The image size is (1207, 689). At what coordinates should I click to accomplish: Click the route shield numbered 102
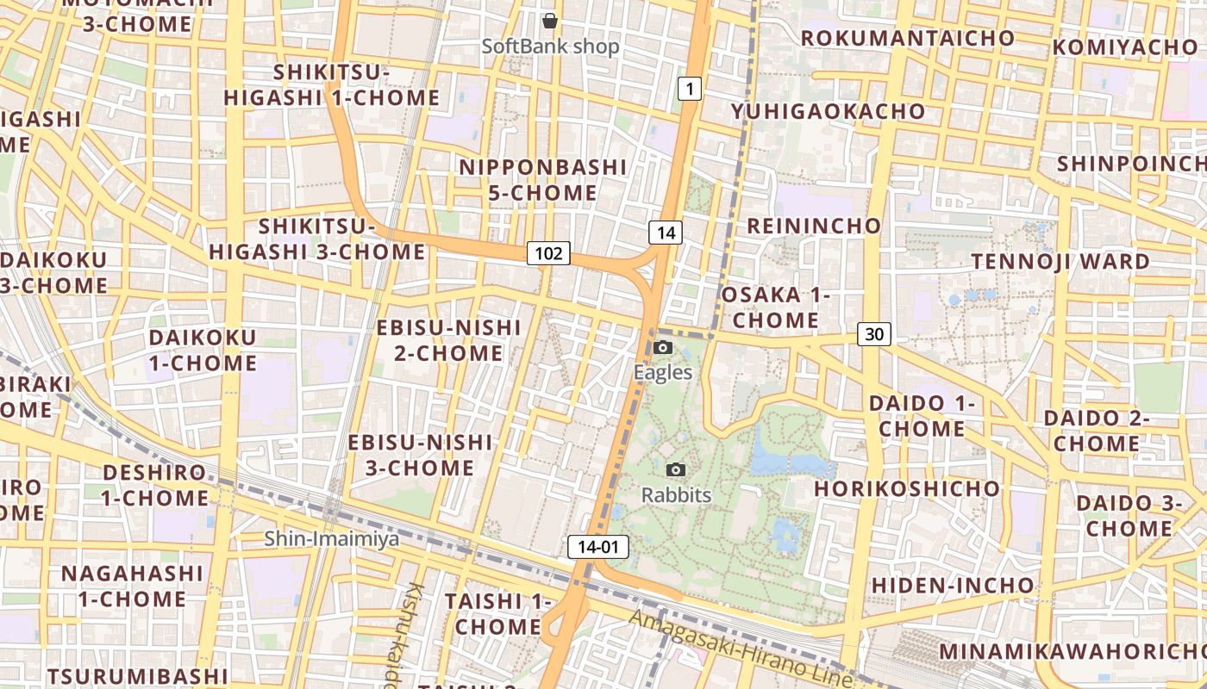[x=548, y=253]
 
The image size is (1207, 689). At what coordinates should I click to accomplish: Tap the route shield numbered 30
[x=874, y=334]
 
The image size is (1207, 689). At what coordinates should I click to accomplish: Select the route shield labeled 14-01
[x=598, y=546]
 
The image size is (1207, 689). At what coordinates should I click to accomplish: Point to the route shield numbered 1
[x=690, y=88]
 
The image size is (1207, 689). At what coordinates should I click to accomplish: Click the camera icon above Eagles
[x=662, y=347]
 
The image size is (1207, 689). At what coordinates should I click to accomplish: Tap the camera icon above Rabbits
[x=676, y=469]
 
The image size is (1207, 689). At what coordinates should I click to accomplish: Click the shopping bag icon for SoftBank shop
[x=550, y=21]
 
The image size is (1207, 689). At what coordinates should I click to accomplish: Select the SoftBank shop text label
[x=550, y=47]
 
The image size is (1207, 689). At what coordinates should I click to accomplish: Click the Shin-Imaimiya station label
[x=332, y=539]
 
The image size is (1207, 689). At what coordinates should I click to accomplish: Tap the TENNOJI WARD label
[x=1073, y=261]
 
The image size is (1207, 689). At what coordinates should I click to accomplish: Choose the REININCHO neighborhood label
[x=814, y=226]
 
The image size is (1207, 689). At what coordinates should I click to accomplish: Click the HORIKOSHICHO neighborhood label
[x=907, y=488]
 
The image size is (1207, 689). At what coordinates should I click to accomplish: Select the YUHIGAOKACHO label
[x=828, y=111]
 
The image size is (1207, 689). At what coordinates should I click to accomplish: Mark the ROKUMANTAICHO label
[x=908, y=38]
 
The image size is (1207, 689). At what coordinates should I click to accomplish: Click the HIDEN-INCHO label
[x=952, y=586]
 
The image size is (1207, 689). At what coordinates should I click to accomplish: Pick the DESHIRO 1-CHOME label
[x=155, y=485]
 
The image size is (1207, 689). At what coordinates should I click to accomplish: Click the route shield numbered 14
[x=666, y=233]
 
